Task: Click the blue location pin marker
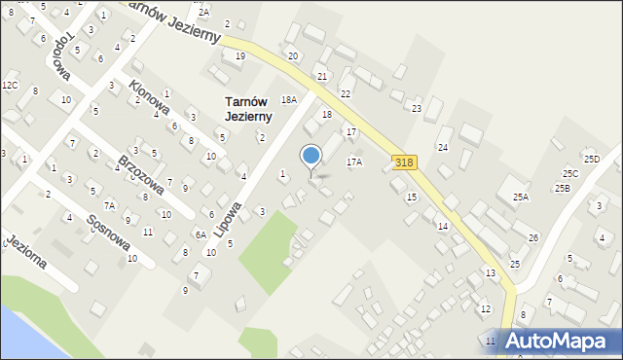pyautogui.click(x=311, y=157)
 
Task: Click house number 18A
pyautogui.click(x=288, y=99)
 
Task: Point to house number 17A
pyautogui.click(x=353, y=162)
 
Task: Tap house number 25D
pyautogui.click(x=591, y=158)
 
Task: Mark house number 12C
pyautogui.click(x=10, y=86)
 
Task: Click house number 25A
pyautogui.click(x=521, y=198)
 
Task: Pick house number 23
pyautogui.click(x=416, y=108)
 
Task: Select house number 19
pyautogui.click(x=239, y=55)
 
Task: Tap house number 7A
pyautogui.click(x=110, y=205)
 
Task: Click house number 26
pyautogui.click(x=532, y=238)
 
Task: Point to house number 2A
pyautogui.click(x=202, y=11)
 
